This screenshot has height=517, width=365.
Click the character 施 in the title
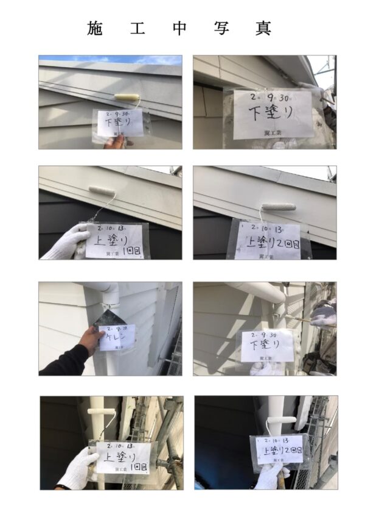click(96, 28)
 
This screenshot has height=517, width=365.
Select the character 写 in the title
click(221, 28)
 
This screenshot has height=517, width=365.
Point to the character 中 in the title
click(179, 28)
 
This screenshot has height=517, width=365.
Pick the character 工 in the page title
click(137, 28)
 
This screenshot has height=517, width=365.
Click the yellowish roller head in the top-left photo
click(127, 98)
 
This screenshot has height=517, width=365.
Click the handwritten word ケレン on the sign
click(116, 335)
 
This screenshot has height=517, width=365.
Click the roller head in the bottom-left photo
click(102, 412)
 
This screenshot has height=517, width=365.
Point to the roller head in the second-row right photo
click(279, 207)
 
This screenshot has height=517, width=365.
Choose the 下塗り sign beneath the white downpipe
click(267, 346)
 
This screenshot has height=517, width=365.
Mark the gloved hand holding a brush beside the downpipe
click(323, 315)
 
